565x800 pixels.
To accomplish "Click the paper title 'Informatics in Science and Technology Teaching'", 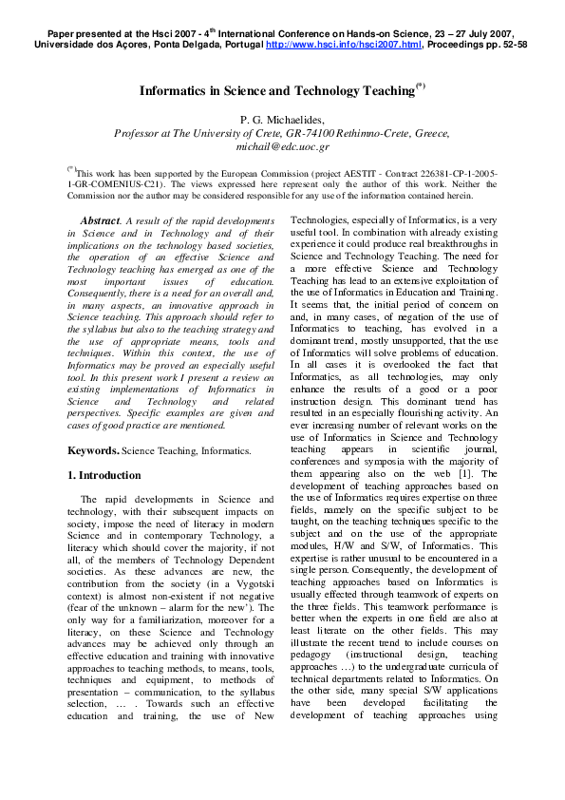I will click(277, 91).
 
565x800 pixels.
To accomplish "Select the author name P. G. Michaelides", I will click(281, 119).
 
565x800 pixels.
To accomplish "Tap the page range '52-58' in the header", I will click(511, 45).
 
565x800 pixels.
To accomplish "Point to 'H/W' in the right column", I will click(339, 545).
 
